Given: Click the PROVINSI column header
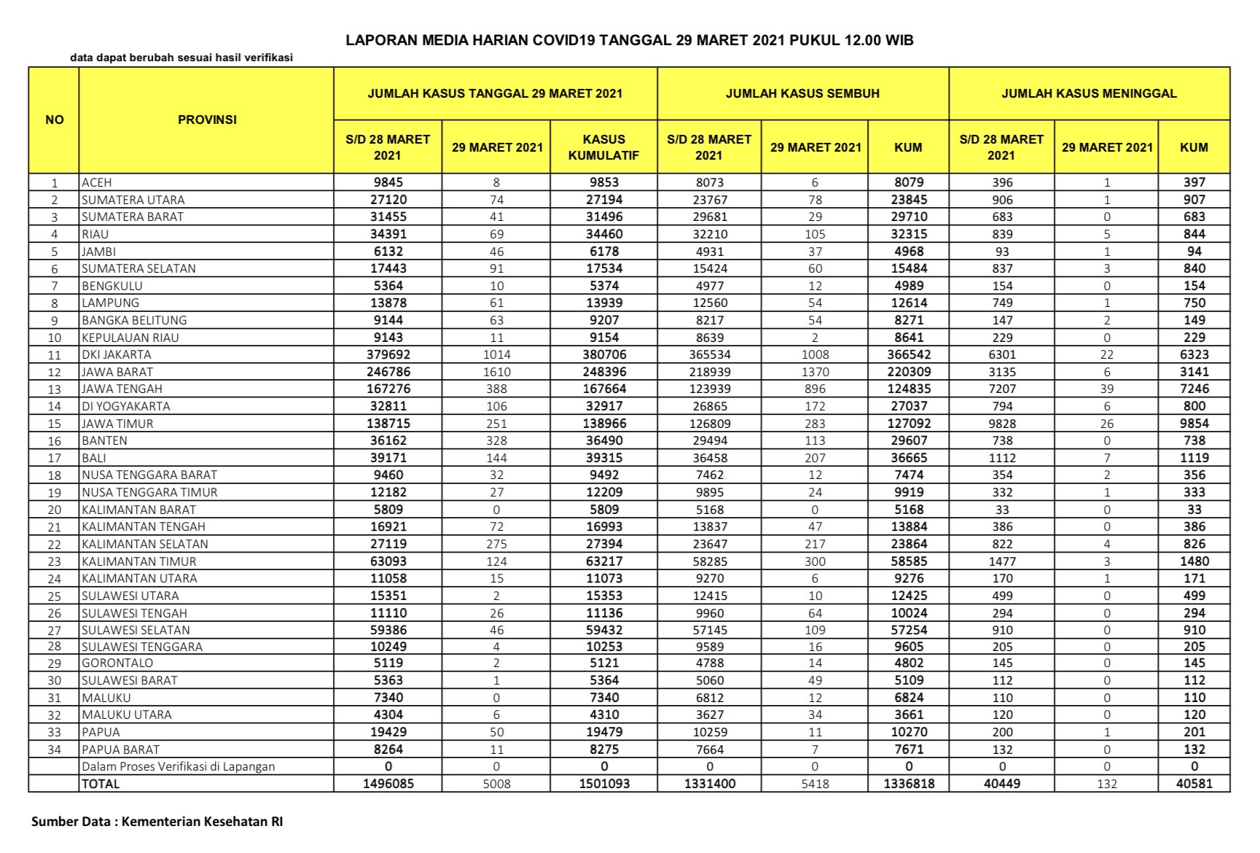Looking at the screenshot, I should [207, 120].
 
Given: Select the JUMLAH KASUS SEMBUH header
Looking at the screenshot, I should [802, 93].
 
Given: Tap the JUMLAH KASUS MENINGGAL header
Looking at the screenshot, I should [1089, 93].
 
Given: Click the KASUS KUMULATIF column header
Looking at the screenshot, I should [603, 147].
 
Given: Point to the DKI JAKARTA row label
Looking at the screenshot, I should [117, 355].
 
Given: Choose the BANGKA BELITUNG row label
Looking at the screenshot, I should [134, 320].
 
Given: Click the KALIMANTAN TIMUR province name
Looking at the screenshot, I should [139, 561].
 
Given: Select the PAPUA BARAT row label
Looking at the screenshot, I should [120, 749].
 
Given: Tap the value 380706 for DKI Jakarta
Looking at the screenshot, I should [604, 355].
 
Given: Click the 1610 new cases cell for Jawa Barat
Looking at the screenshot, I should [496, 372].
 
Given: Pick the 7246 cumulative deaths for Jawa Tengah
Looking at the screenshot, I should [1194, 389].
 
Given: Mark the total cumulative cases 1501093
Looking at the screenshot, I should [604, 784].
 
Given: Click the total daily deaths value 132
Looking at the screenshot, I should [1106, 784].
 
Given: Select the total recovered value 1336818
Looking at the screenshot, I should [909, 784].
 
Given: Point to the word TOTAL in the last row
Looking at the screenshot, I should [101, 784].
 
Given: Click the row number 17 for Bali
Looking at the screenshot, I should [54, 459].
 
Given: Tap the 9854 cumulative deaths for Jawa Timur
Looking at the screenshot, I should [1194, 424].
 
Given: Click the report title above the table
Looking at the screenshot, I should [629, 40].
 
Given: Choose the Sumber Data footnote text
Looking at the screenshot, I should [157, 822].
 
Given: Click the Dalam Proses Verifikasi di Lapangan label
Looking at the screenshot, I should [179, 767].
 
